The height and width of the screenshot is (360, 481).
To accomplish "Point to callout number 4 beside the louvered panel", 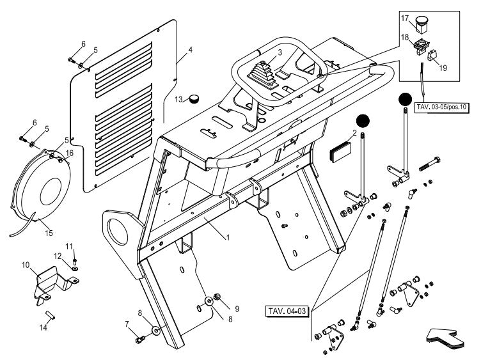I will click(190, 50).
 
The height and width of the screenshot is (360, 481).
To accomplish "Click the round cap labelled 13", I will click(194, 98).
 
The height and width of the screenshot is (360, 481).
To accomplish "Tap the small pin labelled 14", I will click(51, 315).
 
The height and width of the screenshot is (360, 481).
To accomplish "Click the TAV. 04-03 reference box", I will click(287, 311).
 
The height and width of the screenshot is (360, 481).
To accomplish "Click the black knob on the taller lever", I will click(404, 100).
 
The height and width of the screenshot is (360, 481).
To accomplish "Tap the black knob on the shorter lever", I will click(363, 121).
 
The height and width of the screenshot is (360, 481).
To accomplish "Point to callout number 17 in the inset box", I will click(405, 19).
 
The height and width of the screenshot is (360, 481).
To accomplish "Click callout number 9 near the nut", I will click(236, 308).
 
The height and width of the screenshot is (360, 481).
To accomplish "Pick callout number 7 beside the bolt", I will click(127, 324).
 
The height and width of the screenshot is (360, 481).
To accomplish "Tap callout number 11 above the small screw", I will click(70, 246).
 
